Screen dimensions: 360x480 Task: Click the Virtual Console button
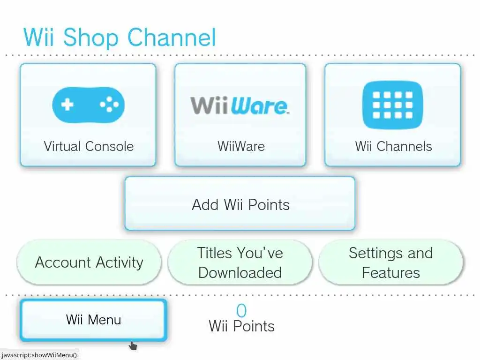88,115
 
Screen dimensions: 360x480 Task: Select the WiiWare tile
240,115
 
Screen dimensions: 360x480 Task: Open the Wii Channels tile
393,115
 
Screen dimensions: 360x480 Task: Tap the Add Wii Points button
240,204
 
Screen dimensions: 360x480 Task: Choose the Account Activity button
89,262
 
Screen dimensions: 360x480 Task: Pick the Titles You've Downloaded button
240,262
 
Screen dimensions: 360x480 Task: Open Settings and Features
391,262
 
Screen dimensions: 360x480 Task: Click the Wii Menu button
94,320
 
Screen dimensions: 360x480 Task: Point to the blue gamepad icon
88,105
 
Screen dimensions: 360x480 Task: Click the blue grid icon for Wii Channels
393,105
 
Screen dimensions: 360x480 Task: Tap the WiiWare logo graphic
240,105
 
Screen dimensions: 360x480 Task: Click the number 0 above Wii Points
241,311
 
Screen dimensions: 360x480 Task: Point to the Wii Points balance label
241,326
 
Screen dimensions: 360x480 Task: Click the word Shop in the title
91,37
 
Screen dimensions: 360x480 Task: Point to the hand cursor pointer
133,346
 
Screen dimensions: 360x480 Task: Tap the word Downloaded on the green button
240,273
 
